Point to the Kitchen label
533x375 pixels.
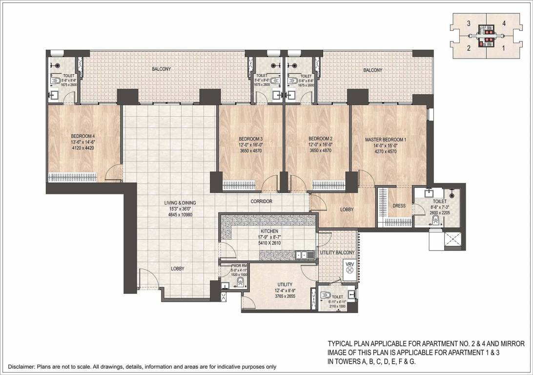coord(269,231)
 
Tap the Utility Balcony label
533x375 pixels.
coord(337,252)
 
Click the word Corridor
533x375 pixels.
coord(261,201)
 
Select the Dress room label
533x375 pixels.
coord(399,206)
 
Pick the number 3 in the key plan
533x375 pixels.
coord(468,23)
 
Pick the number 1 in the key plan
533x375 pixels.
coord(503,48)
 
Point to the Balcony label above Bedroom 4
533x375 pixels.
coord(161,70)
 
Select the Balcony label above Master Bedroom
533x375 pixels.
coord(372,70)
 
